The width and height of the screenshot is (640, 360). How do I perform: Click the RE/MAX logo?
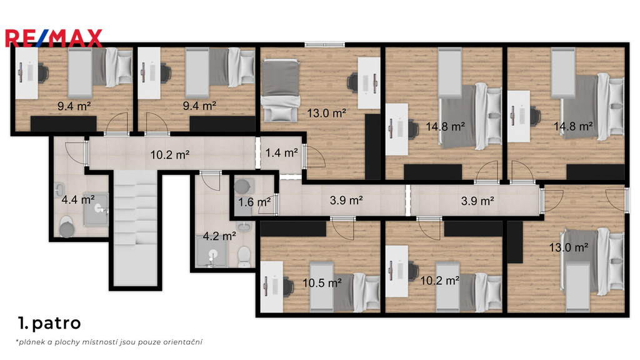point(54,38)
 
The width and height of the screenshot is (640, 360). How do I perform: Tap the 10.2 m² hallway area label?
point(170,155)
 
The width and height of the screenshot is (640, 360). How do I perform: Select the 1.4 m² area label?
point(282,152)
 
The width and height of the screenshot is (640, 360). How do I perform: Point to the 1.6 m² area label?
point(254,202)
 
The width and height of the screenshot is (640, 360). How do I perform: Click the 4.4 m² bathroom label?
point(78,199)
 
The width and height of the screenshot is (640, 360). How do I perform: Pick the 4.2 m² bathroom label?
point(219,236)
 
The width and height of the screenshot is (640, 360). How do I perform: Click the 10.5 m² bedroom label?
point(322,282)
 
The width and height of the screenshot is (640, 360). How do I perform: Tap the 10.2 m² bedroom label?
point(439,281)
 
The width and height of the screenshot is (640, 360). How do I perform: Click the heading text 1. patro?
point(49,323)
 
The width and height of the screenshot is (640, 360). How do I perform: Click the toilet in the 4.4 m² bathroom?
point(66,227)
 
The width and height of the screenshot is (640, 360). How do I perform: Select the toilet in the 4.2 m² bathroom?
point(244,256)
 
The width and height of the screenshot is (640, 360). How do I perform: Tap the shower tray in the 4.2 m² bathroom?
point(211,252)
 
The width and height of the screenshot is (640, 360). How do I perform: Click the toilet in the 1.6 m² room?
point(242,186)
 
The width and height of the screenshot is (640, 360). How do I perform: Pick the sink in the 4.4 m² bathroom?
point(59,189)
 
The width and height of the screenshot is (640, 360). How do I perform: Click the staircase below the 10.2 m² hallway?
point(135,229)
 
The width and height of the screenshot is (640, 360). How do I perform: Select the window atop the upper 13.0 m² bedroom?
point(324,44)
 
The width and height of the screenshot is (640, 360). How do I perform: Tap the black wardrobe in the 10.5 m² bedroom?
point(293,229)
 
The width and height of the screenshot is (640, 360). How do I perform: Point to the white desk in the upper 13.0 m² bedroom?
point(369,83)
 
